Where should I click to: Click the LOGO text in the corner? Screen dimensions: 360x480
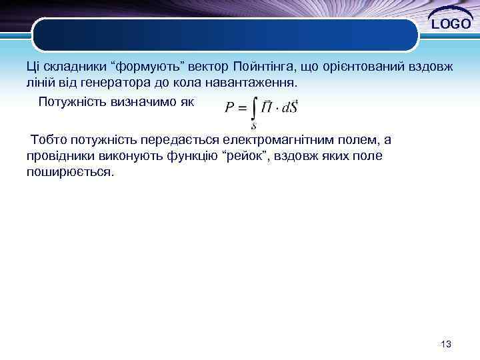point(451,25)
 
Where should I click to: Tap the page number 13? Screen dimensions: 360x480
point(446,344)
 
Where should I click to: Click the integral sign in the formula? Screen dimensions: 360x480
point(253,108)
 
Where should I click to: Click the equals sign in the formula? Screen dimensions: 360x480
point(243,108)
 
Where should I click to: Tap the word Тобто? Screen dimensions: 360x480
point(47,141)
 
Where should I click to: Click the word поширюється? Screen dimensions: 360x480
point(71,171)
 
